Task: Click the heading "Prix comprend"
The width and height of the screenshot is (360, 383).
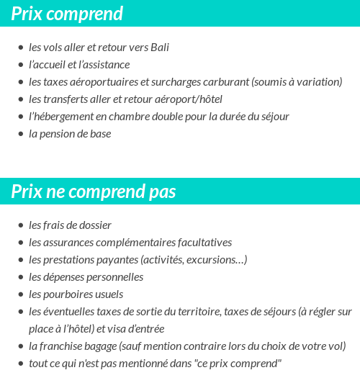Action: [x=67, y=14]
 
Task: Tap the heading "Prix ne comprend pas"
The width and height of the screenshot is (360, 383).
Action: [x=94, y=192]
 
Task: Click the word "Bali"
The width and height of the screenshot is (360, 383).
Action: [x=158, y=48]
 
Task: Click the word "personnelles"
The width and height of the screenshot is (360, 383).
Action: [x=114, y=277]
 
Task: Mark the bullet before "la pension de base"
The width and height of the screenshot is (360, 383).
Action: [x=20, y=135]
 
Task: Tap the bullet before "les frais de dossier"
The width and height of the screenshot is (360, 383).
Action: [x=20, y=226]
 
